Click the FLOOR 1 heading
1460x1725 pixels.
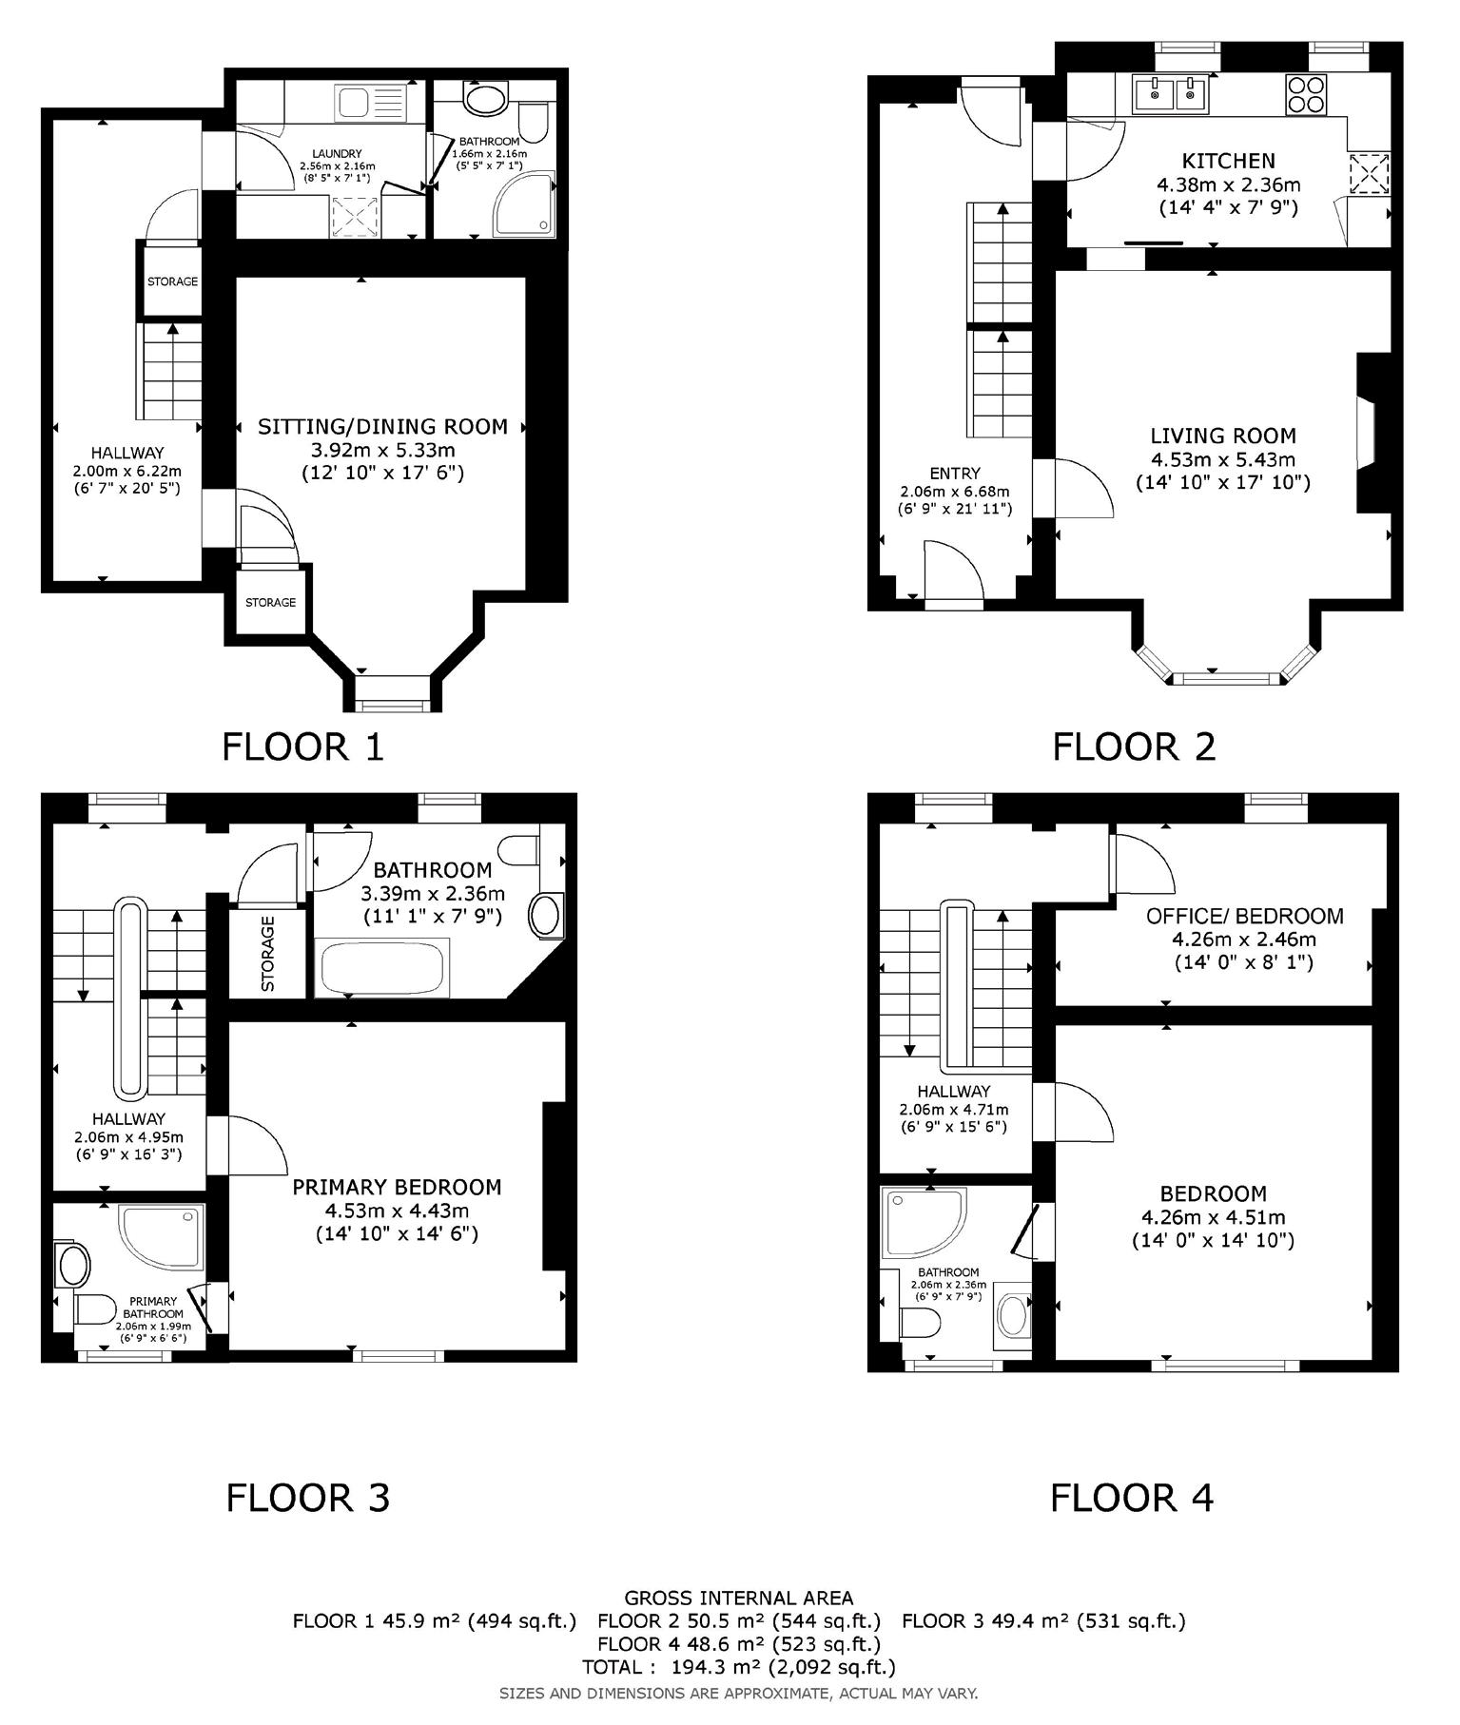click(302, 746)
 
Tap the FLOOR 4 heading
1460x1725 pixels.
click(1132, 1498)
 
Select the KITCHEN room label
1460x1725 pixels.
click(1228, 161)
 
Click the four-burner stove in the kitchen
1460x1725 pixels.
click(1306, 94)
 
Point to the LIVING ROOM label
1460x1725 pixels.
click(1223, 436)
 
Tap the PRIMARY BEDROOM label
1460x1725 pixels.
click(397, 1187)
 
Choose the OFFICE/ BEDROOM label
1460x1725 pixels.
click(1245, 916)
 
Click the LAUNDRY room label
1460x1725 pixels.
click(337, 154)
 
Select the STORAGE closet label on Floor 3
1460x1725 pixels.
click(267, 954)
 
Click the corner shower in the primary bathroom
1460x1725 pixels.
click(162, 1237)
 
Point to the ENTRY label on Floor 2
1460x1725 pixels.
click(955, 473)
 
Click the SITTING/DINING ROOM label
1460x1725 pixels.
click(382, 427)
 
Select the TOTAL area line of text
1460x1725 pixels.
click(739, 1666)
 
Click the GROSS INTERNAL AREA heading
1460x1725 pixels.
click(739, 1599)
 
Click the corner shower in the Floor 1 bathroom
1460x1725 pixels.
click(524, 203)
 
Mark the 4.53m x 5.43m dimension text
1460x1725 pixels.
click(1223, 459)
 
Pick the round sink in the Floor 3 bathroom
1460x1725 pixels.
click(545, 917)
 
